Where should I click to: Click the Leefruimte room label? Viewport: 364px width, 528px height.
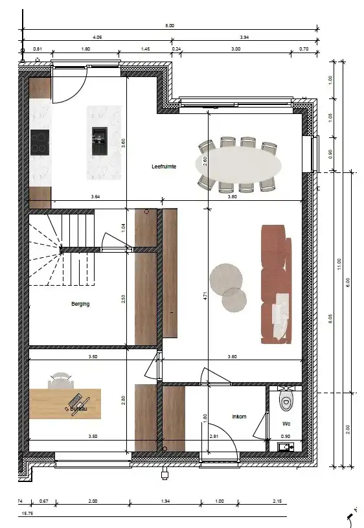(x=164, y=166)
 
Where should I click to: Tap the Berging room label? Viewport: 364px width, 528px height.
(x=80, y=303)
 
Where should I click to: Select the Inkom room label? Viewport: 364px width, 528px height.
(x=239, y=417)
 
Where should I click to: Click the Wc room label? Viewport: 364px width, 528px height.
(x=286, y=424)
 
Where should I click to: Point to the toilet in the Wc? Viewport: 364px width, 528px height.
(x=286, y=400)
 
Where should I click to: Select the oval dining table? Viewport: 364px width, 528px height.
(x=239, y=165)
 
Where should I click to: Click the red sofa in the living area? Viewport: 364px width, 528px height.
(x=273, y=284)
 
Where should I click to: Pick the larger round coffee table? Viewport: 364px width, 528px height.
(x=226, y=277)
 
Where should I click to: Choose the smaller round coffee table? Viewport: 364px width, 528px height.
(x=234, y=300)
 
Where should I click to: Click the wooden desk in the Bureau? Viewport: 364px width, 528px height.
(x=65, y=404)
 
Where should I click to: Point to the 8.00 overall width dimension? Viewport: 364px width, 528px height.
(x=170, y=26)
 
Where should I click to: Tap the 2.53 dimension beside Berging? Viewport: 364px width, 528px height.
(x=124, y=299)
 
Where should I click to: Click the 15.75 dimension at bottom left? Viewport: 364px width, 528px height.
(x=28, y=514)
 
